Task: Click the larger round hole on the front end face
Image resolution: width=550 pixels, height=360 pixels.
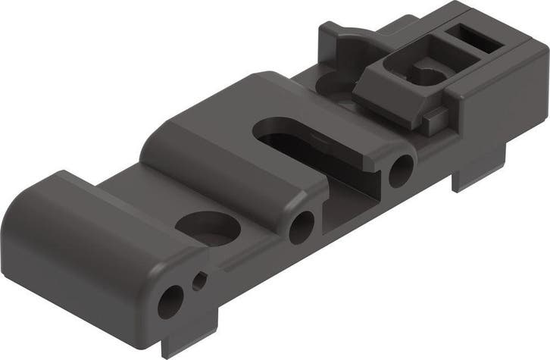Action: pyautogui.click(x=170, y=302)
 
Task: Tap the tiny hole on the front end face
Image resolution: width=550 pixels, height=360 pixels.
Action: pyautogui.click(x=199, y=281)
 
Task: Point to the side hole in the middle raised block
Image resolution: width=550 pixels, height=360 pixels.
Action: pyautogui.click(x=302, y=224)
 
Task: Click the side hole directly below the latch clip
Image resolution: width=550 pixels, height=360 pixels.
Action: pyautogui.click(x=401, y=168)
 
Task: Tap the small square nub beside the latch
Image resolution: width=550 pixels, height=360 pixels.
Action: pyautogui.click(x=434, y=116)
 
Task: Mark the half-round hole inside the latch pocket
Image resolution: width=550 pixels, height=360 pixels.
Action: pyautogui.click(x=432, y=74)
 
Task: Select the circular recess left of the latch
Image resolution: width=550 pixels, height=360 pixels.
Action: pyautogui.click(x=333, y=82)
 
